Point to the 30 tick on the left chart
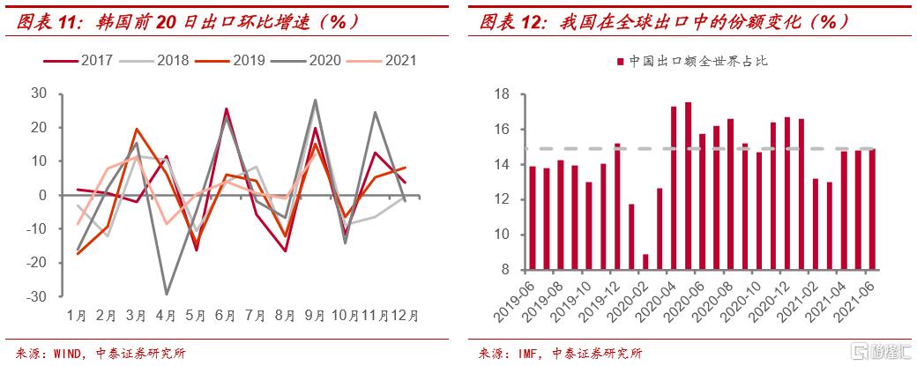(x=38, y=93)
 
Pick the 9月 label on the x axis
(x=315, y=314)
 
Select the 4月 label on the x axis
(x=166, y=314)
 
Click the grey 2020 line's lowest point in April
(x=166, y=295)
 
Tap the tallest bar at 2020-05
(x=688, y=185)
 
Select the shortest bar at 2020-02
(x=645, y=261)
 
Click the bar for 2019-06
(x=533, y=217)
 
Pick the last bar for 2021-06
(x=872, y=208)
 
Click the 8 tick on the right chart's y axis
(x=504, y=270)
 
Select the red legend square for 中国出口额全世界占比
(x=622, y=61)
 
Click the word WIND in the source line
(x=59, y=354)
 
